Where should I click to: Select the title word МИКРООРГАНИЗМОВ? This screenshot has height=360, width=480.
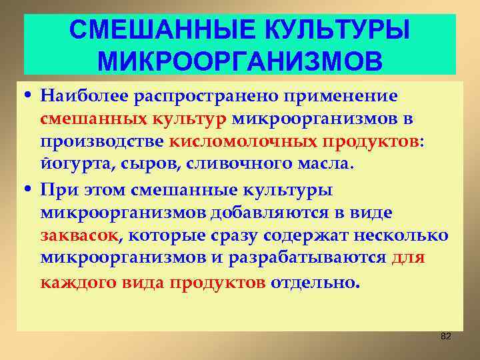(240, 61)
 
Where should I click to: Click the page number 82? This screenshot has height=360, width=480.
(446, 336)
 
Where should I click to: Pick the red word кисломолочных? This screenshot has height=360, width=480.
(244, 142)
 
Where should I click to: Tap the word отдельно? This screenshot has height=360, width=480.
(314, 282)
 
